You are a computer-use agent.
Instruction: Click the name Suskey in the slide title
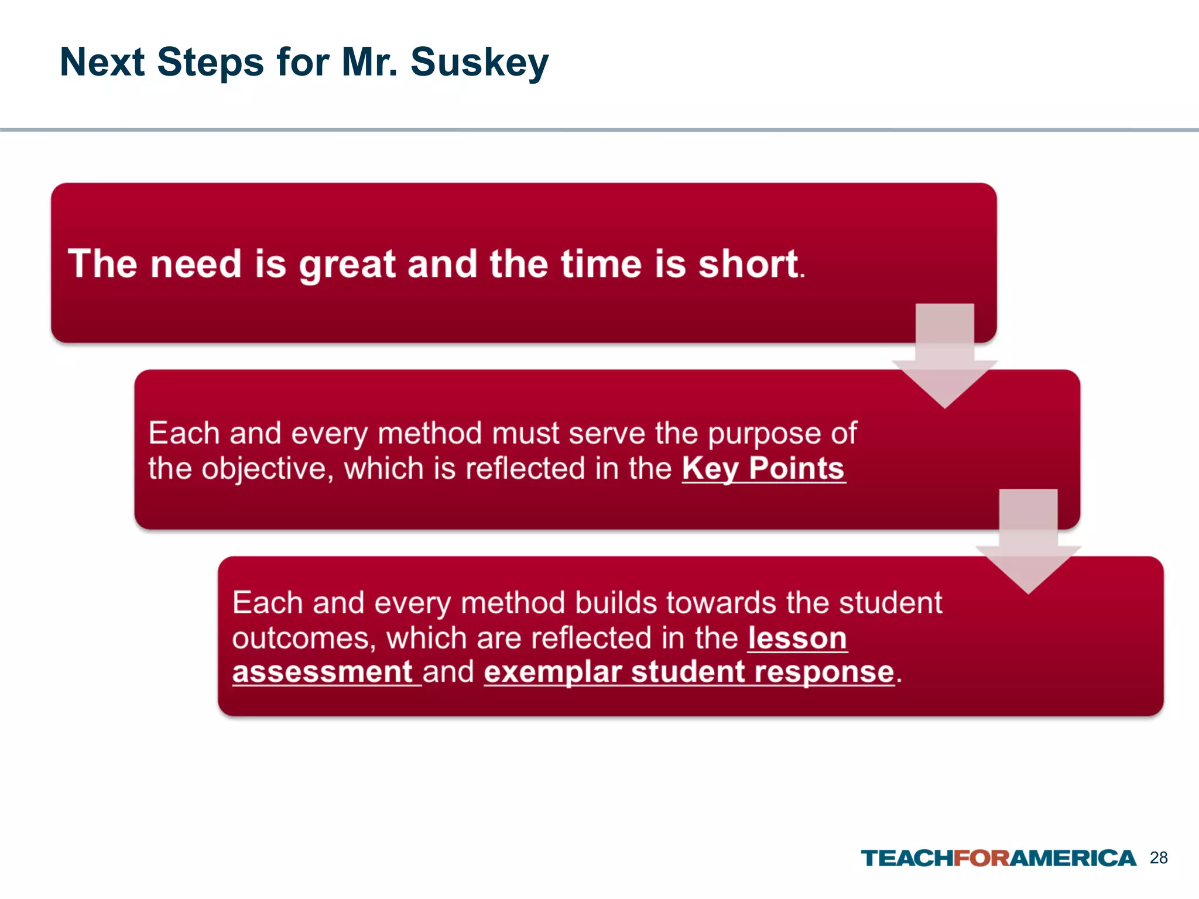click(x=479, y=62)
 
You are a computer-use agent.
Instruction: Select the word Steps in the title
click(x=210, y=62)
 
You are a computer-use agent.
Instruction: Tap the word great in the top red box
click(x=347, y=265)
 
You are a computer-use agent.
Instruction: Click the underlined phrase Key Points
click(x=763, y=469)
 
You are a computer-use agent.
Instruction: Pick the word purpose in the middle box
click(x=764, y=434)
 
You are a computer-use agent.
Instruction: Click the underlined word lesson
click(x=797, y=638)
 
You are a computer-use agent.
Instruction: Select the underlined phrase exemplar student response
click(x=689, y=672)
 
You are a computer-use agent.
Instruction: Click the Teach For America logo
click(x=998, y=858)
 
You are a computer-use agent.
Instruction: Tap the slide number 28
click(x=1159, y=858)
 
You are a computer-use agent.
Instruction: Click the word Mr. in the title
click(x=369, y=62)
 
